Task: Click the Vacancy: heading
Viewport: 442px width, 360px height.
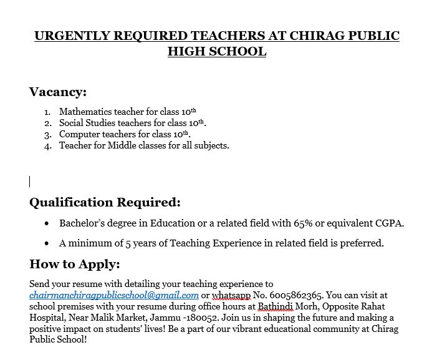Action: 58,92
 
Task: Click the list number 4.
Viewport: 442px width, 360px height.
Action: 48,145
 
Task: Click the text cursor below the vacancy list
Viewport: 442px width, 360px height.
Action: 30,182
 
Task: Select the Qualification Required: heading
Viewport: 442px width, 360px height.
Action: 105,202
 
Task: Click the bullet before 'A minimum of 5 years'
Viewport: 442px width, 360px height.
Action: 47,243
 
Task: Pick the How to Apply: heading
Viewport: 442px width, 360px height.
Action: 74,264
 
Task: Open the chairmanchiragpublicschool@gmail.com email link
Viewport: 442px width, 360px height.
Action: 114,295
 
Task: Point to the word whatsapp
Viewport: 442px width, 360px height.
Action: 231,295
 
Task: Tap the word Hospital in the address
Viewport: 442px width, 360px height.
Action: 49,317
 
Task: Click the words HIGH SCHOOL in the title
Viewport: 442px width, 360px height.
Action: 217,51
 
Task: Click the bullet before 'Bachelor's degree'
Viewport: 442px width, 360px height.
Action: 47,223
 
